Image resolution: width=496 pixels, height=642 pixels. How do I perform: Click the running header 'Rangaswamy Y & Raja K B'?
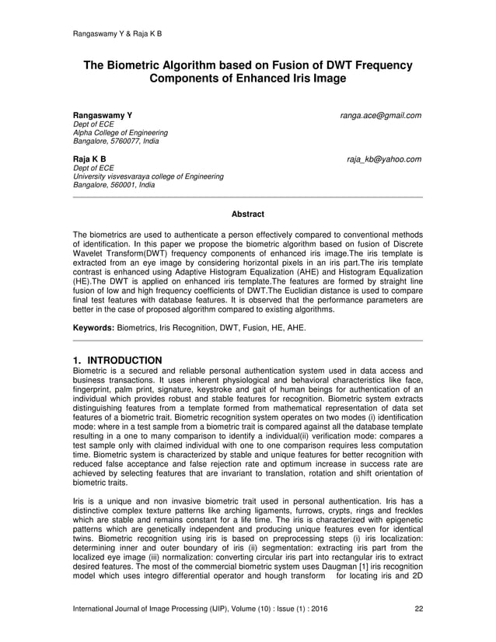coord(117,34)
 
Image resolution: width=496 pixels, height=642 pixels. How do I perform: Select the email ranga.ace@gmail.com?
coord(381,116)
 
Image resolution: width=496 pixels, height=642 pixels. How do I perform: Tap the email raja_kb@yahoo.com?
coord(384,159)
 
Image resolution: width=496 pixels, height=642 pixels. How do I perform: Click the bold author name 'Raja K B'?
coord(89,159)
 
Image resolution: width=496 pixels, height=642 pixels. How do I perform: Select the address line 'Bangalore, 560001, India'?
coord(114,186)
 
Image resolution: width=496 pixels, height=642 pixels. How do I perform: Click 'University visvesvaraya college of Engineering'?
coord(148,176)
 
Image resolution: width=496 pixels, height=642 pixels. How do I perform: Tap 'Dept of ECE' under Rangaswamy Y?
coord(93,124)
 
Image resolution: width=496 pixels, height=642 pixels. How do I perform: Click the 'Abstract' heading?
coord(248,214)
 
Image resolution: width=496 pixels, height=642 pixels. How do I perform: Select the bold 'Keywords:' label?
coord(93,329)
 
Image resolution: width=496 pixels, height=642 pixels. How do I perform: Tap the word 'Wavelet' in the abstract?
coord(88,253)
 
